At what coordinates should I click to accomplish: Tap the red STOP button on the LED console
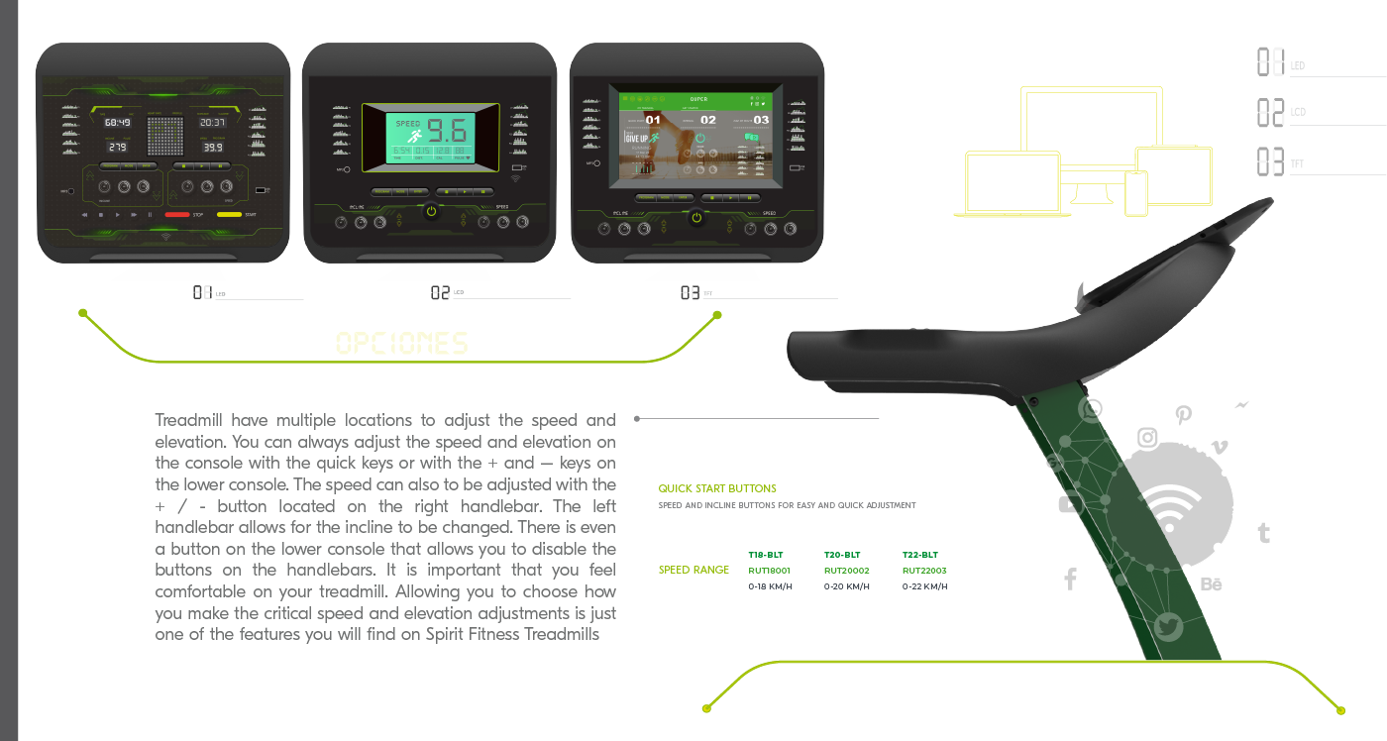coord(177,214)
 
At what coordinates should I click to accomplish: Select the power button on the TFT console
coord(696,217)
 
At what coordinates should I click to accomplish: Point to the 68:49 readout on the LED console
coord(118,123)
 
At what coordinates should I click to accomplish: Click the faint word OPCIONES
coord(401,344)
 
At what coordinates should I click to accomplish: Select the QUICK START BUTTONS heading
coord(717,488)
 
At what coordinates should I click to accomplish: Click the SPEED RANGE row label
coord(693,570)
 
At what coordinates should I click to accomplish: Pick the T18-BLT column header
coord(766,555)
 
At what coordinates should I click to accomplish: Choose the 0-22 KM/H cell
coord(924,586)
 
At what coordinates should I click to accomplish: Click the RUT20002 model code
coord(846,571)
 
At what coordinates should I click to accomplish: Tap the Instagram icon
coord(1147,437)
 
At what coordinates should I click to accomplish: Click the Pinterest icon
coord(1183,415)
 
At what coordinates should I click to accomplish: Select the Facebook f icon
coord(1070,580)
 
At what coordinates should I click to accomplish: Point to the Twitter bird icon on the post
coord(1169,627)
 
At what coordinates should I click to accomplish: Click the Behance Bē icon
coord(1211,584)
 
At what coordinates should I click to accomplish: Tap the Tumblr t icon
coord(1263,533)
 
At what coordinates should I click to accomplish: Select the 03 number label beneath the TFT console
coord(691,292)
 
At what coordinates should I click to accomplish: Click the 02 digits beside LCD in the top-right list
coord(1270,112)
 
